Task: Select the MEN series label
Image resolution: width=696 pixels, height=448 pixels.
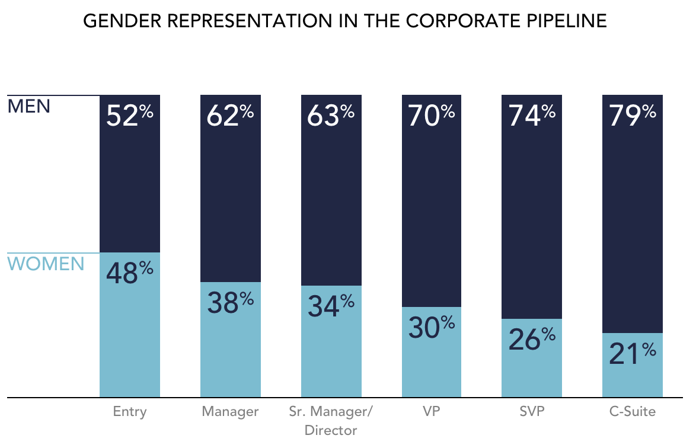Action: pyautogui.click(x=29, y=107)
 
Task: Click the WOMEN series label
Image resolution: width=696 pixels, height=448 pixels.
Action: pyautogui.click(x=46, y=264)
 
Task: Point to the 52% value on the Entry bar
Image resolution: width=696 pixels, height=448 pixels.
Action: pyautogui.click(x=129, y=115)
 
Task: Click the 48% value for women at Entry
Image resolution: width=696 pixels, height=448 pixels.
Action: pyautogui.click(x=129, y=274)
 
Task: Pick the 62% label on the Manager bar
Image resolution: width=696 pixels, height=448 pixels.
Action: pyautogui.click(x=230, y=115)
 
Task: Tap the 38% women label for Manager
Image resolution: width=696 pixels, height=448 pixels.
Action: pyautogui.click(x=230, y=303)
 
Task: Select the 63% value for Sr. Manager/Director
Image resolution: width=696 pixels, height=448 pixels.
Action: pyautogui.click(x=331, y=115)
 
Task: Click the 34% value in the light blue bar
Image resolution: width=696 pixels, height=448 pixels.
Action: pyautogui.click(x=331, y=306)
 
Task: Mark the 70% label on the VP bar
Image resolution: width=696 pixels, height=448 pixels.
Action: pyautogui.click(x=432, y=115)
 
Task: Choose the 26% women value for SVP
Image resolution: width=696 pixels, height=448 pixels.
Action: pyautogui.click(x=532, y=340)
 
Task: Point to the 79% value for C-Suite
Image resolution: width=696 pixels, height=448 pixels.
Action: pyautogui.click(x=633, y=115)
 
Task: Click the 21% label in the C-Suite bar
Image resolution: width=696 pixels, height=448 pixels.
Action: pyautogui.click(x=633, y=354)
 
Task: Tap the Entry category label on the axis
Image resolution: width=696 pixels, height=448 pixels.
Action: pyautogui.click(x=129, y=411)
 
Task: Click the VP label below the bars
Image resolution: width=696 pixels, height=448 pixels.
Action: pyautogui.click(x=432, y=411)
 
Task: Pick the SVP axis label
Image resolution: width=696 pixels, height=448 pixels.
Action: pyautogui.click(x=532, y=411)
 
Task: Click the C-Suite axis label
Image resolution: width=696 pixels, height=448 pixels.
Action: pyautogui.click(x=633, y=411)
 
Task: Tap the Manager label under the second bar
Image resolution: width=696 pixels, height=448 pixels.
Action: pyautogui.click(x=230, y=411)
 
